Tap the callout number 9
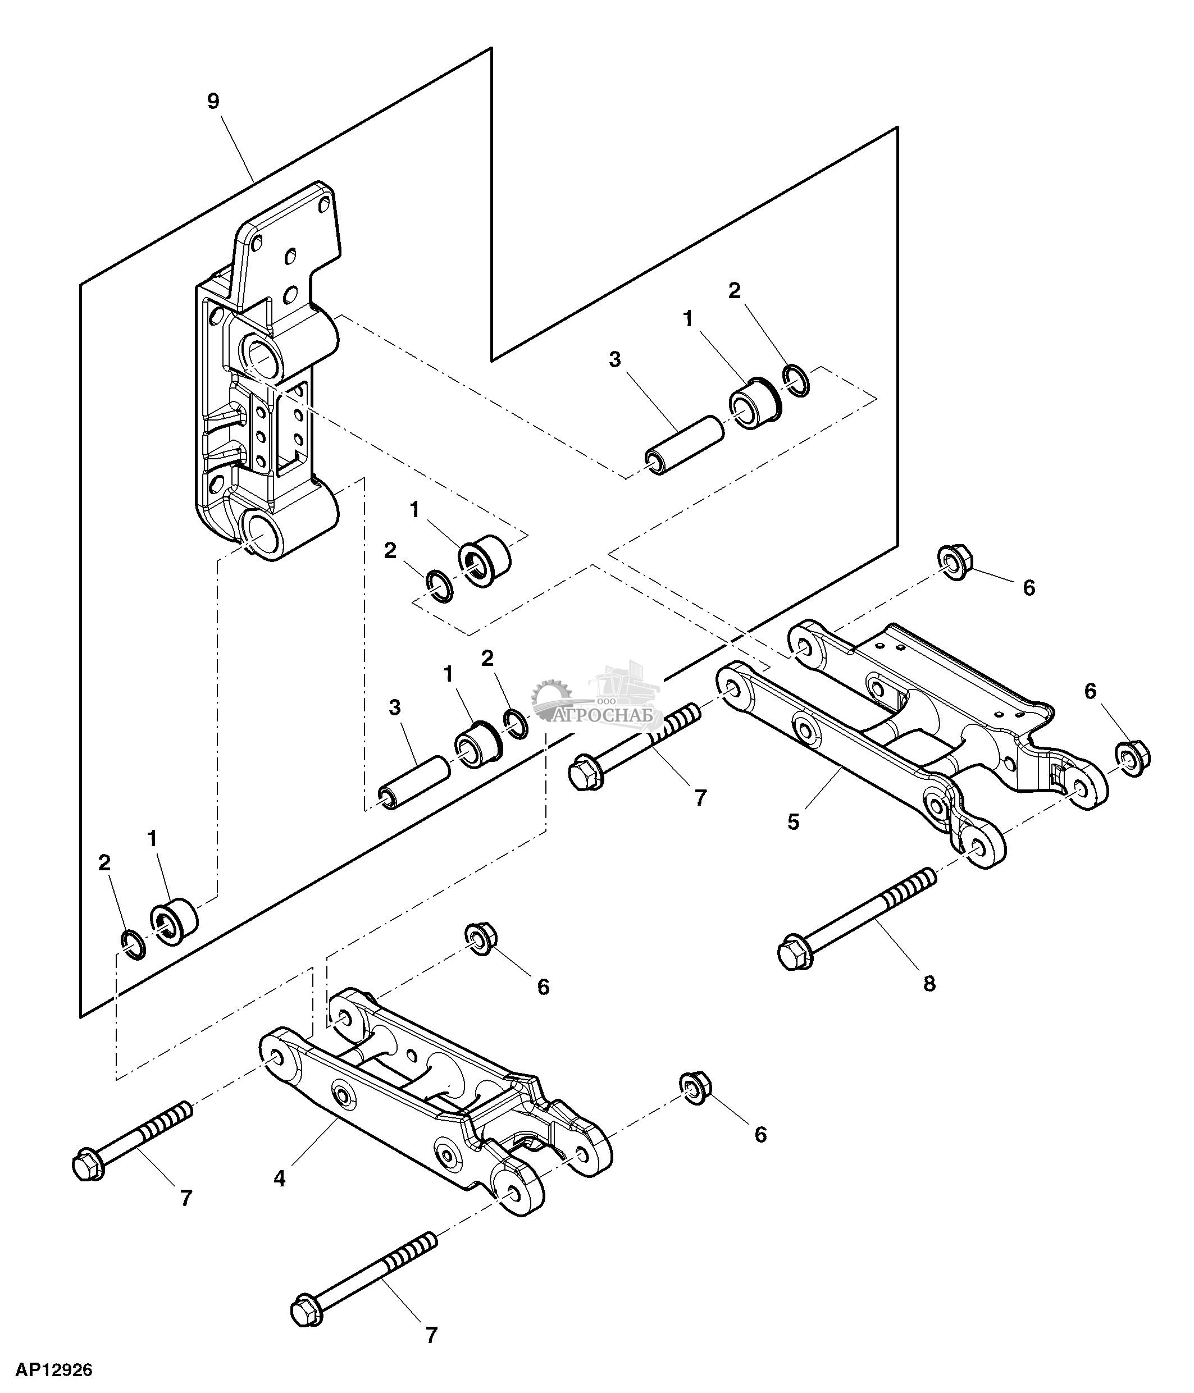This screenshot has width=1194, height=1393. click(x=213, y=102)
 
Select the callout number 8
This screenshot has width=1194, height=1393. click(x=928, y=984)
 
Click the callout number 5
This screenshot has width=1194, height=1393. click(x=794, y=821)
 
